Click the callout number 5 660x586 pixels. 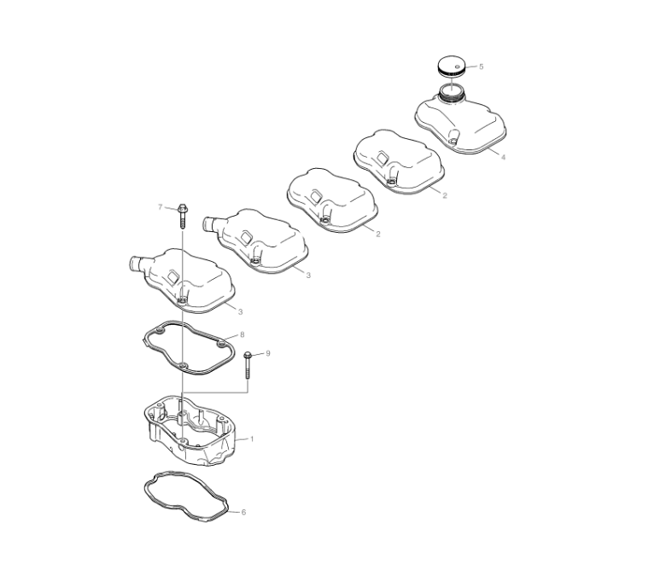pos(482,67)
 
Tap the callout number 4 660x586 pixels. pos(503,157)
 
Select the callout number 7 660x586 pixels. pos(160,206)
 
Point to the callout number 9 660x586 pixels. pos(268,353)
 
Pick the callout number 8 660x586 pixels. pos(242,334)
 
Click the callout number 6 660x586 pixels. pos(243,512)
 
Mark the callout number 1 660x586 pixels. pos(252,439)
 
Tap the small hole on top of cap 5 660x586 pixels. pos(457,66)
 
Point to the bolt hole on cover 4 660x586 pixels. pos(453,142)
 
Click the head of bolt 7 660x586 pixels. pos(183,207)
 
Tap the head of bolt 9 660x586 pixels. pos(248,355)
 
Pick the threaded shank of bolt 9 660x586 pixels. pos(248,368)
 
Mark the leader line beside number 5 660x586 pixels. pos(471,67)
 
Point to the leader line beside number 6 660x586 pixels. pos(234,512)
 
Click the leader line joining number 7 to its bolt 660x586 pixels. pos(171,207)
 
